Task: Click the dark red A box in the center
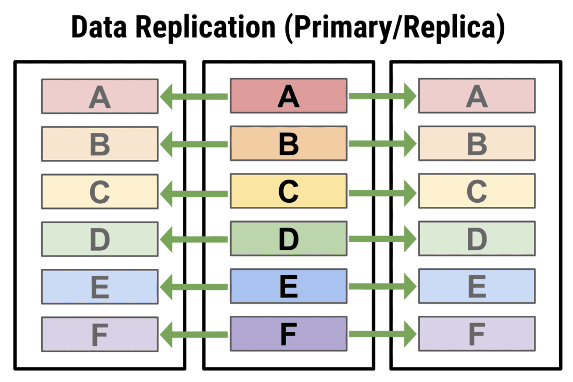pyautogui.click(x=289, y=96)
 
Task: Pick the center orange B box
pyautogui.click(x=289, y=143)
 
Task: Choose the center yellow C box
pyautogui.click(x=289, y=191)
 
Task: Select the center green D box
pyautogui.click(x=289, y=239)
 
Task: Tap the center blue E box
pyautogui.click(x=289, y=286)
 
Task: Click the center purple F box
pyautogui.click(x=289, y=334)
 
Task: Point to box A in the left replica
pyautogui.click(x=99, y=96)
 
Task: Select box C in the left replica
pyautogui.click(x=99, y=191)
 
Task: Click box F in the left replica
pyautogui.click(x=99, y=334)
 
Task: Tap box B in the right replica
pyautogui.click(x=477, y=143)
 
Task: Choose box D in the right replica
pyautogui.click(x=477, y=239)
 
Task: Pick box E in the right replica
pyautogui.click(x=477, y=286)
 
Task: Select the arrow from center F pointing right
pyautogui.click(x=382, y=334)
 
